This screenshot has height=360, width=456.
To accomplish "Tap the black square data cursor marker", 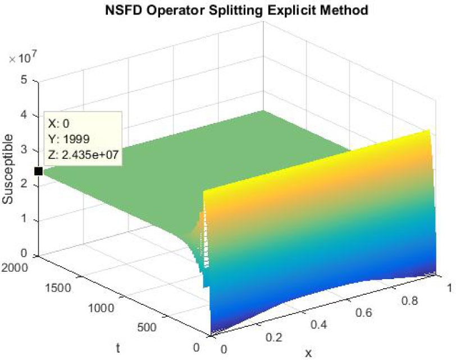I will [x=38, y=171].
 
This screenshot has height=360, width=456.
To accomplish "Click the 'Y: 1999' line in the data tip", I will [x=69, y=138].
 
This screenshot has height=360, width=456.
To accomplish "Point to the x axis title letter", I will [x=308, y=353].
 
